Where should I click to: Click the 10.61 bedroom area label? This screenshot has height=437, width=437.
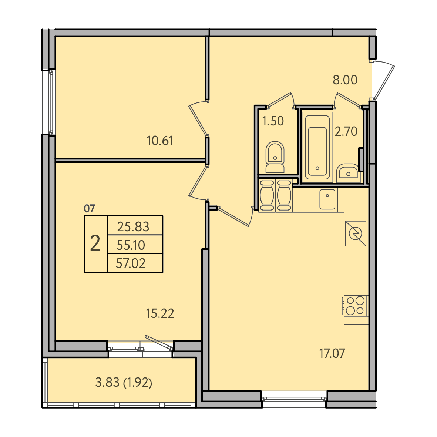(160, 141)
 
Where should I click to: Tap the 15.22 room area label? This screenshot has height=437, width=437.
(160, 313)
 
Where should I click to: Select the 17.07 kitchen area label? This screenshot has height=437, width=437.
(332, 353)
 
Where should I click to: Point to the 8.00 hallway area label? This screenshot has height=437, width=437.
(345, 80)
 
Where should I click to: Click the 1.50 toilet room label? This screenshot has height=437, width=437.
(273, 121)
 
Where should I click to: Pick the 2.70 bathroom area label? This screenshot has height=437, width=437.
(346, 131)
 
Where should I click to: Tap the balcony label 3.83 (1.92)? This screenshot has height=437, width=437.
(124, 382)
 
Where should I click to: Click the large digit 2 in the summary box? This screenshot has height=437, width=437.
(95, 243)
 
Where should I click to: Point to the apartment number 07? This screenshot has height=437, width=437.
(90, 208)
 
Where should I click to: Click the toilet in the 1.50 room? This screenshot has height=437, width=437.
(275, 157)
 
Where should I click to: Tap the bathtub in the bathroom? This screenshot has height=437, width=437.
(317, 147)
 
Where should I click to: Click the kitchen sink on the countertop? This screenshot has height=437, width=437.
(327, 199)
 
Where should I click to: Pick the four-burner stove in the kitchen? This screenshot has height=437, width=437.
(355, 306)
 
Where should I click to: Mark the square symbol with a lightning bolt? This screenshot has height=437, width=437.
(356, 233)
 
